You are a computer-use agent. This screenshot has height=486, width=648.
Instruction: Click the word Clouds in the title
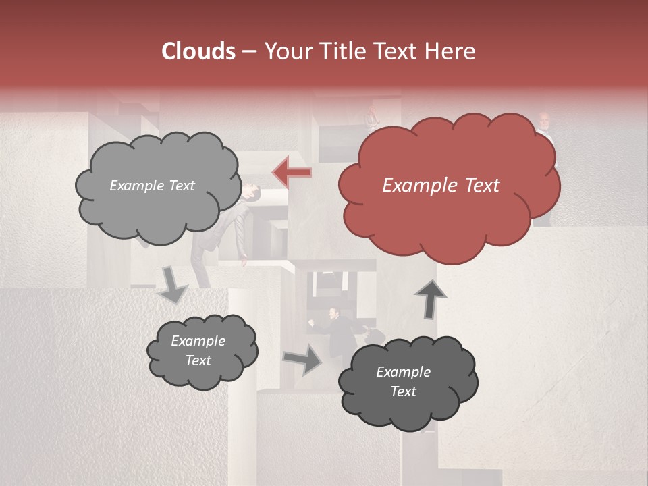(198, 51)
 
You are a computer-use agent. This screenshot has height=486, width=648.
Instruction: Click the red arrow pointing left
(292, 173)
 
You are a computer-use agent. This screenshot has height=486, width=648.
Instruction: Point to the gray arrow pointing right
(303, 359)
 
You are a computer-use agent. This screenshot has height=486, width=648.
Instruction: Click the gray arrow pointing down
(173, 285)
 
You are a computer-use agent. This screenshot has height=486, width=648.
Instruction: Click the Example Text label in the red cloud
(441, 186)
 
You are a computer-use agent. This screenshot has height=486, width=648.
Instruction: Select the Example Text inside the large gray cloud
(152, 186)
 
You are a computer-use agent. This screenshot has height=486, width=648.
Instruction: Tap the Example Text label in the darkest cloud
(403, 381)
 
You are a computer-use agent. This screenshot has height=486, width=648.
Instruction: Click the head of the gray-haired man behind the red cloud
(545, 122)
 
